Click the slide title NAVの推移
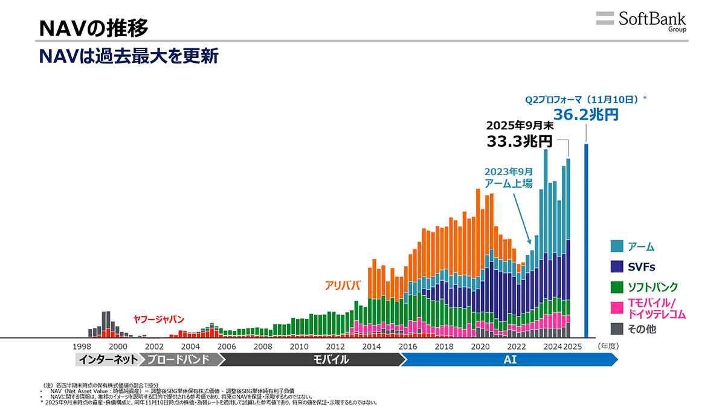93,27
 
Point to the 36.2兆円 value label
586,114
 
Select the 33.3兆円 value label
520,142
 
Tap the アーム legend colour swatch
616,246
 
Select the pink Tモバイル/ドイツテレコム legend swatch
616,308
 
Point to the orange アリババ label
343,285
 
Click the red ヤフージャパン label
158,319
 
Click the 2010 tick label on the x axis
299,347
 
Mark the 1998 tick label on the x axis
82,347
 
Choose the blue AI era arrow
510,360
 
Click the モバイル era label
330,360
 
